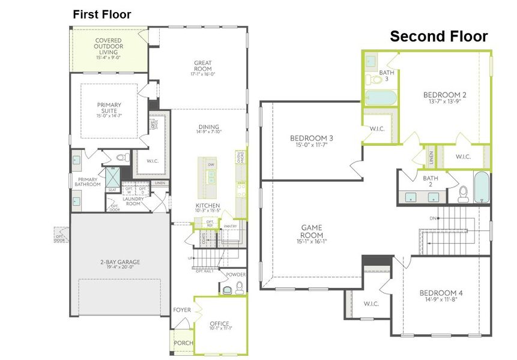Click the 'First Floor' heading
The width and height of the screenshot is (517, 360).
tap(101, 14)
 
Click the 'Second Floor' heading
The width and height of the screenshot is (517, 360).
tap(439, 36)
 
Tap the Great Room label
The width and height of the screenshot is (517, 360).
tap(202, 66)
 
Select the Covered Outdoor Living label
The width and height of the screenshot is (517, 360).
tap(109, 46)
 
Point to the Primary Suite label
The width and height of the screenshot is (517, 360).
tap(109, 108)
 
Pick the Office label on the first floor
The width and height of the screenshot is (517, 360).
tap(219, 321)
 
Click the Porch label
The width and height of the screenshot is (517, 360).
tap(183, 343)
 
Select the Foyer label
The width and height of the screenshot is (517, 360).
tap(182, 310)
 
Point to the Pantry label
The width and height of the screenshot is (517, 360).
tap(231, 226)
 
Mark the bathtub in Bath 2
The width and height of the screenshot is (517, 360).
tap(482, 188)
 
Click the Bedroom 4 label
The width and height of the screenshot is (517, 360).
tap(441, 293)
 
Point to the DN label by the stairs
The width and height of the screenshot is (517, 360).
tap(431, 218)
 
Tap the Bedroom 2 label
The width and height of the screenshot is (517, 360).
tap(444, 95)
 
